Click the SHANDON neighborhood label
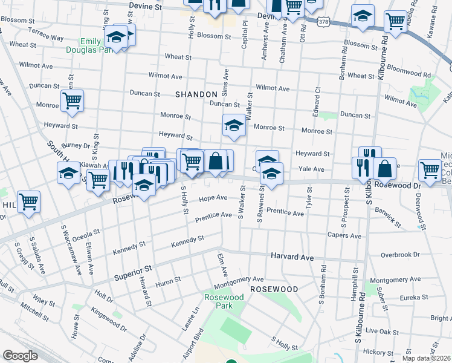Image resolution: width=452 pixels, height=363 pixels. click(196, 94)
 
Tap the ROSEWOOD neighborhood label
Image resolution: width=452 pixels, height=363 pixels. click(274, 289)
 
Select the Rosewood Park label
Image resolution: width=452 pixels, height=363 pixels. click(224, 302)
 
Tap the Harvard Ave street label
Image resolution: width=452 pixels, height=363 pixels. click(292, 257)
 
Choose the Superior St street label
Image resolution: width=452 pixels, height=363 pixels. click(132, 272)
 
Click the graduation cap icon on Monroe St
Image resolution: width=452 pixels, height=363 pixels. click(234, 126)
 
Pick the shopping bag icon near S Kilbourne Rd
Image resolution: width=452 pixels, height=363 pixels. click(384, 168)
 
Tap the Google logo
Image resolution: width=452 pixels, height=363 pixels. click(20, 356)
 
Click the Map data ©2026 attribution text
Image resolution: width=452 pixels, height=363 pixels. click(427, 358)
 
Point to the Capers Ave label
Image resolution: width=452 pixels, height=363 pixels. click(344, 235)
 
